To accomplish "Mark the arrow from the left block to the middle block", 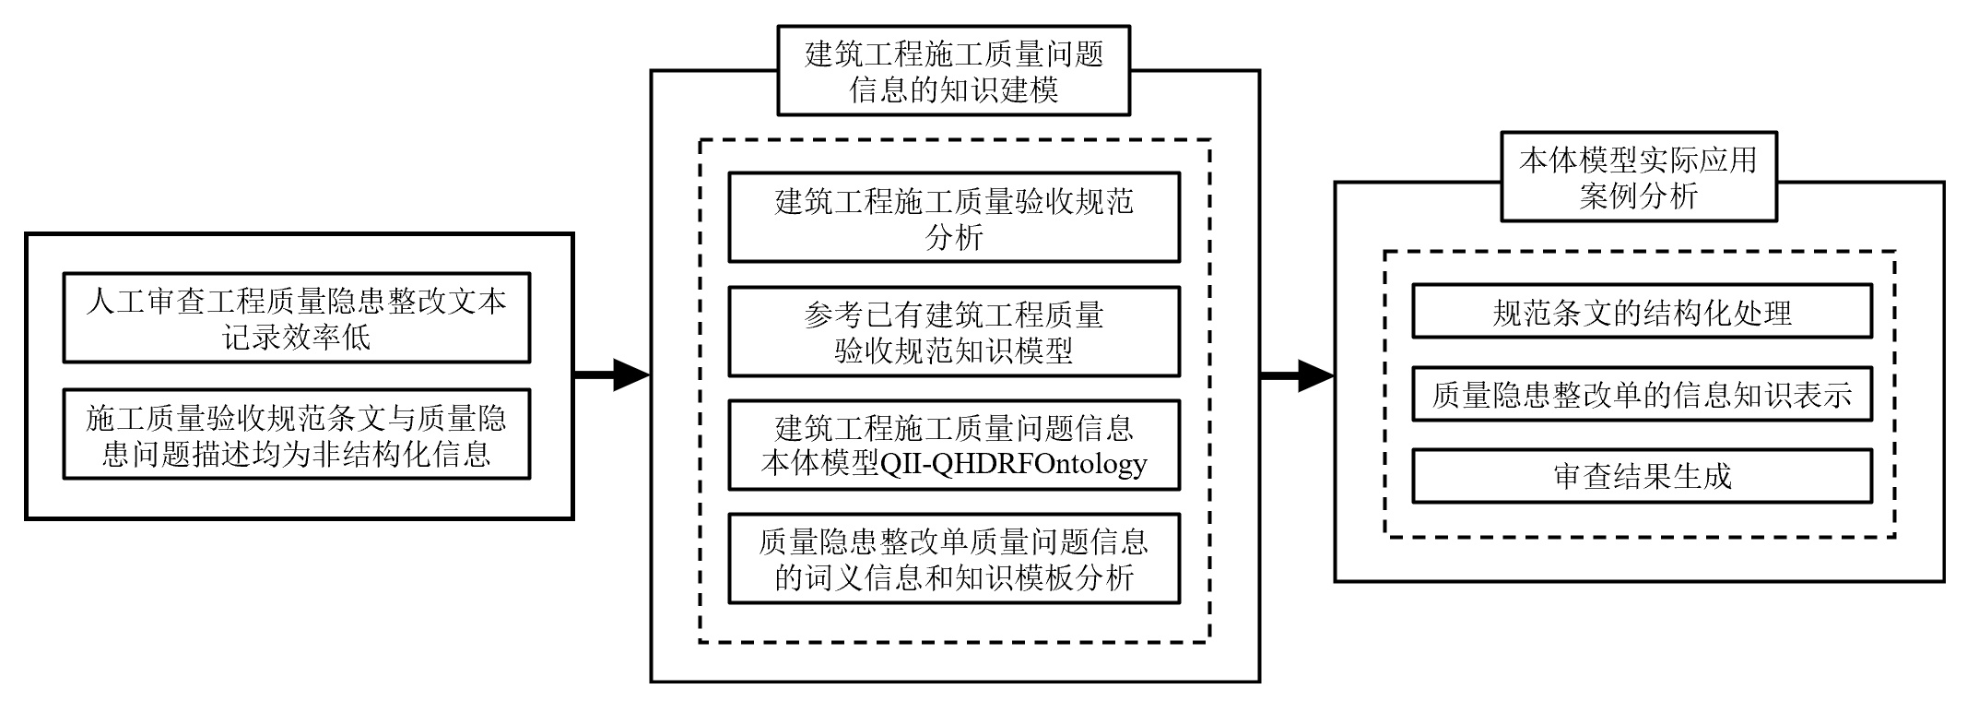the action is [x=612, y=374].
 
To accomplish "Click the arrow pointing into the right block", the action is [x=1298, y=374].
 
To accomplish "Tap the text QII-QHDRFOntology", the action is [x=1014, y=463].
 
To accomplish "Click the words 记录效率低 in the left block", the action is [x=296, y=337].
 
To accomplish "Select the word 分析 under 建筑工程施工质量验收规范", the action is [x=954, y=237].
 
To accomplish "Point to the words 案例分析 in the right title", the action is [x=1639, y=196].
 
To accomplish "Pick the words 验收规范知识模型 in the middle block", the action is [x=954, y=351].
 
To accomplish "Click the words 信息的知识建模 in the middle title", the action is [x=953, y=90].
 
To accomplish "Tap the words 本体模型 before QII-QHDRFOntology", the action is [x=820, y=463].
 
